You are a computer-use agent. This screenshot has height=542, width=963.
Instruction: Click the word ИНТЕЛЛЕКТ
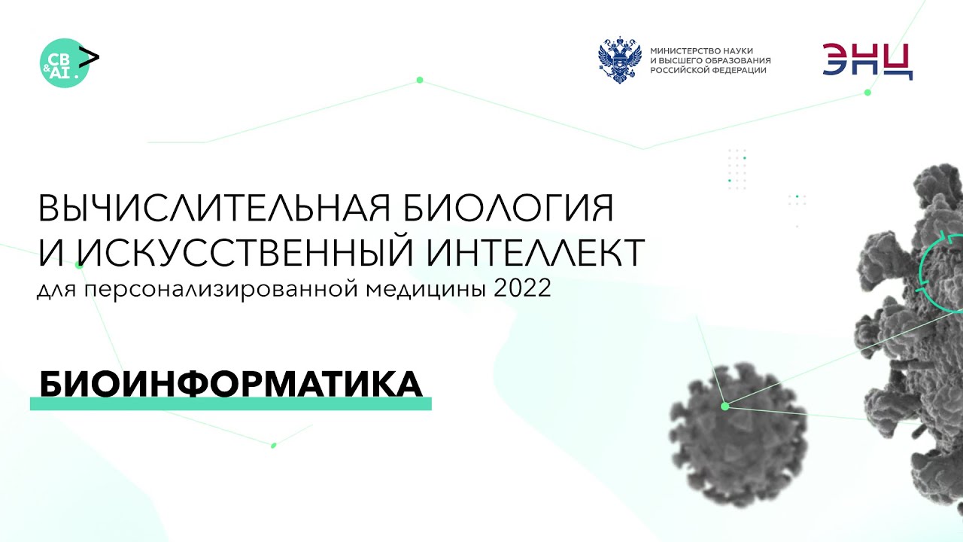tap(537, 253)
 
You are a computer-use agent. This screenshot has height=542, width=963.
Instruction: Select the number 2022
tap(522, 289)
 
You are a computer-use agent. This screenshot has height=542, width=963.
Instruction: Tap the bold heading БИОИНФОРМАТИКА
tap(229, 385)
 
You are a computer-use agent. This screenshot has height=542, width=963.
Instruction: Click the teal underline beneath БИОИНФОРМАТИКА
tap(230, 404)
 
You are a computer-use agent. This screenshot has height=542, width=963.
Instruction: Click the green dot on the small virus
tap(725, 406)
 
